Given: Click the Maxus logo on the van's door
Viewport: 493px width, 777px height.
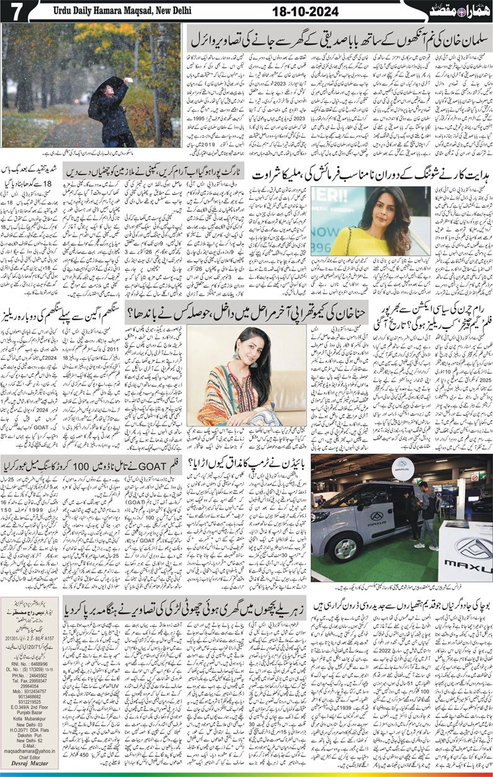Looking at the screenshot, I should pyautogui.click(x=378, y=516).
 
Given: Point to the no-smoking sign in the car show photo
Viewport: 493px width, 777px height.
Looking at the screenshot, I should pyautogui.click(x=474, y=478).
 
